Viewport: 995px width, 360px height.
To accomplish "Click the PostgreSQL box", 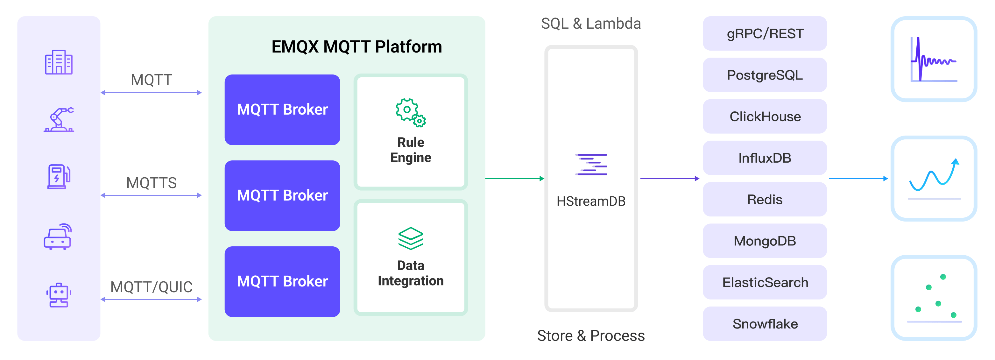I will [x=765, y=75].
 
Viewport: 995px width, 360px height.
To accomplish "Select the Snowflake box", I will [x=765, y=324].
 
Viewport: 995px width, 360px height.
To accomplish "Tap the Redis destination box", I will [x=765, y=199].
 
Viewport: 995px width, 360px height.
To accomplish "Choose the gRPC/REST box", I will [x=765, y=34].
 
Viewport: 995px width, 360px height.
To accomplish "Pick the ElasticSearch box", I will [x=765, y=282].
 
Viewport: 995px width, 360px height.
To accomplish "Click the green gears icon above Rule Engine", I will [x=410, y=112].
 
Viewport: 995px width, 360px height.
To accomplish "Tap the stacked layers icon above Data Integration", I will [x=411, y=238].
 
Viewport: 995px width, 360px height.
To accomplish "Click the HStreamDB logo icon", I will [x=591, y=164].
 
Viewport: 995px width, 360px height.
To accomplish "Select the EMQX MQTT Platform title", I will [x=356, y=47].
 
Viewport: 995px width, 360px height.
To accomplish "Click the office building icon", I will [x=59, y=62].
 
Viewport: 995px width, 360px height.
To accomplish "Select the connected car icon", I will [x=58, y=237].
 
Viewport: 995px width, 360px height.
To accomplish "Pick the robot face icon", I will [x=59, y=295].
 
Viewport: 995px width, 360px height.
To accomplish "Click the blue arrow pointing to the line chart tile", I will [x=858, y=179].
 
